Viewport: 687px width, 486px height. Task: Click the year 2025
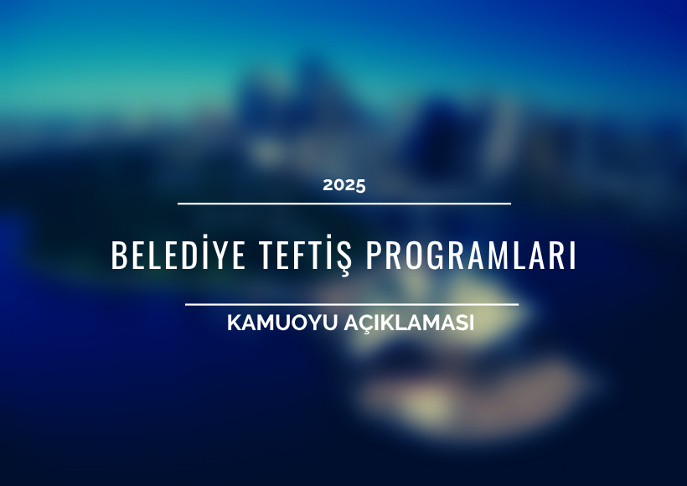(344, 185)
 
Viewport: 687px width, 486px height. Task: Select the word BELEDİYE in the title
(178, 255)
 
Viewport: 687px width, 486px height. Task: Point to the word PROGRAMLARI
(471, 255)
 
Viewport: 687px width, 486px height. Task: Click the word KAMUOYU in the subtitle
(282, 323)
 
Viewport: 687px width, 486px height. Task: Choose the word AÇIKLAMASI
(409, 323)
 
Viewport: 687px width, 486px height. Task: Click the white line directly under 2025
(344, 204)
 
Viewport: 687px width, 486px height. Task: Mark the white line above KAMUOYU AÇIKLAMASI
(352, 304)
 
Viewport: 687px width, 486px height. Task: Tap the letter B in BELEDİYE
(119, 255)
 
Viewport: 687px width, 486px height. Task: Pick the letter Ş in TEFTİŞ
(344, 258)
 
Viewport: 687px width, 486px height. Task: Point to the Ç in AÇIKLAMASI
(370, 325)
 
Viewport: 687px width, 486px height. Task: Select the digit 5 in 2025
(359, 186)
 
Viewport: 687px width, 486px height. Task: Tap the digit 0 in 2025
(338, 185)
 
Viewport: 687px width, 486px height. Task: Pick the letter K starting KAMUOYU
(235, 323)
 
